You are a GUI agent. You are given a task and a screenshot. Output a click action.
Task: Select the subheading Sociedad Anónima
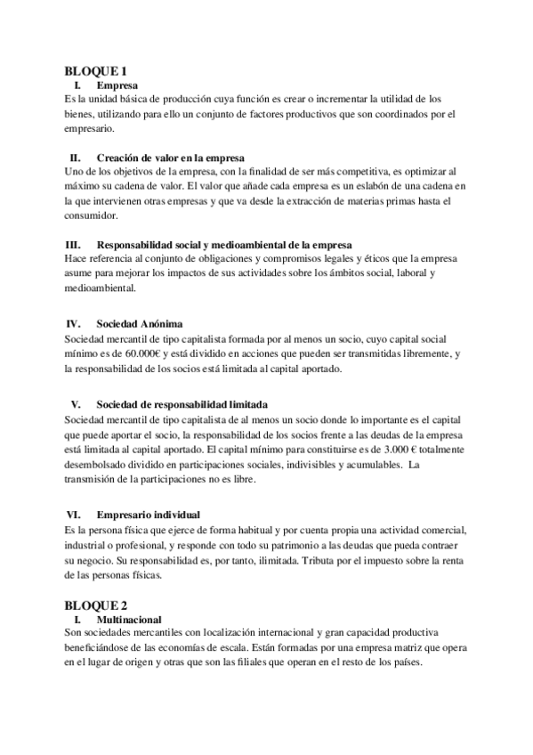[x=139, y=323]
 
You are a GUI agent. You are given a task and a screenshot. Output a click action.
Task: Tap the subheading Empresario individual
[x=148, y=515]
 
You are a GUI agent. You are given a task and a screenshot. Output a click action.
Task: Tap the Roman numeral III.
[x=74, y=244]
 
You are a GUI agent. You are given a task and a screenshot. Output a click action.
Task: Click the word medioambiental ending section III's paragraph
[x=101, y=288]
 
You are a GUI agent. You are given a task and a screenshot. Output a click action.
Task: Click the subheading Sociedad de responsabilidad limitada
[x=182, y=403]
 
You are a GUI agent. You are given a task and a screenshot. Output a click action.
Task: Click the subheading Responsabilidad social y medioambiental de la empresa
[x=224, y=244]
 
